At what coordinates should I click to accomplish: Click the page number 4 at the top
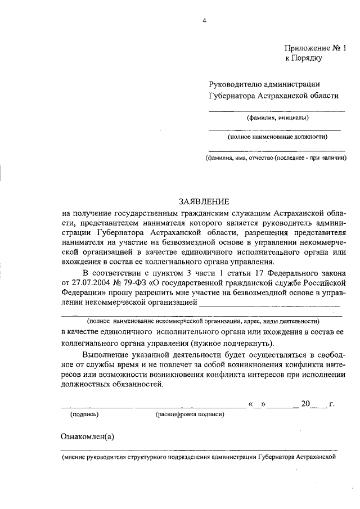point(205,21)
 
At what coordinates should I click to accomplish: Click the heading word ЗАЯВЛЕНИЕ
point(204,201)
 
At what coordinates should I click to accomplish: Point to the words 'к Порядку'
point(303,58)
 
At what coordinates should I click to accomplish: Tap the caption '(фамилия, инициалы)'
point(277,118)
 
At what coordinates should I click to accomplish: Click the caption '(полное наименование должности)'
point(277,137)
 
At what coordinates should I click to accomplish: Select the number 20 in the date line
point(306,403)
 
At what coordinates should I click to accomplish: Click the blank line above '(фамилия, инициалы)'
point(277,110)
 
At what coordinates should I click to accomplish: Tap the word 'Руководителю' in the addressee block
point(233,84)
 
